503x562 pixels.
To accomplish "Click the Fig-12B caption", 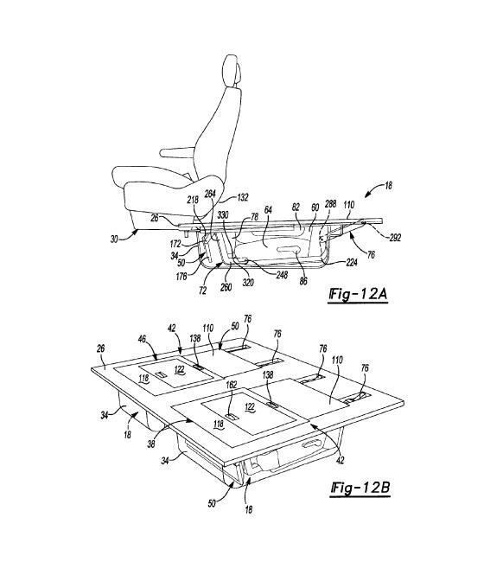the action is coord(360,488).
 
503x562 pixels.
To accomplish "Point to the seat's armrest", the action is coord(178,152).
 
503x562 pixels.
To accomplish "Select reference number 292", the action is coord(394,237).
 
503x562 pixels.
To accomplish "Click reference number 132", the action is coord(243,197).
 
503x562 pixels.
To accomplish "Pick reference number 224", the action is coord(352,263).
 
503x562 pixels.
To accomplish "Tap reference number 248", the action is coord(281,275).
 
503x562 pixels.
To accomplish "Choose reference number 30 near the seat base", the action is coord(114,239).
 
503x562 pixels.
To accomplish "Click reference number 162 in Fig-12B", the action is coord(231,385).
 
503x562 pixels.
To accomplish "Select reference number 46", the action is coord(143,339).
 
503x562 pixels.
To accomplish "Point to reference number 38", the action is coord(151,444).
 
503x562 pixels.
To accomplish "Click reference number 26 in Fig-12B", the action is coord(100,348).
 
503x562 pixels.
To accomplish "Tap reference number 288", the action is coord(330,203).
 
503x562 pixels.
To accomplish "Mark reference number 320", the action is coord(247,283).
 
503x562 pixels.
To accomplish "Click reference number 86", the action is coord(303,281).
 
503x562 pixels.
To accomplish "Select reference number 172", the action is coord(175,245).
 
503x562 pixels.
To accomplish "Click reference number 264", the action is coord(210,194).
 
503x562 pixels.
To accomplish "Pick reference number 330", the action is coord(223,214).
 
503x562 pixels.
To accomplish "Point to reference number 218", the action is coord(193,199).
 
